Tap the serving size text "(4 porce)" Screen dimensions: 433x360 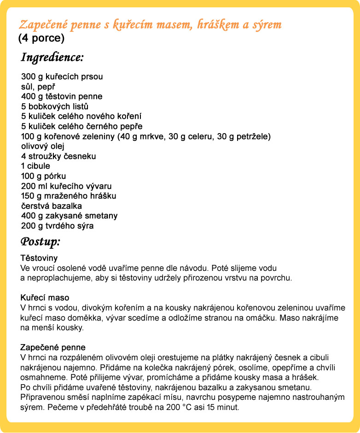coord(41,38)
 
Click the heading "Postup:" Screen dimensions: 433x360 coord(41,241)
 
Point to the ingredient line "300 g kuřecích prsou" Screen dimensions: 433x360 coord(62,77)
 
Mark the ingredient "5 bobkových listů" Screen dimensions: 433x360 coord(55,107)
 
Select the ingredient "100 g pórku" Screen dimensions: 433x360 coord(44,176)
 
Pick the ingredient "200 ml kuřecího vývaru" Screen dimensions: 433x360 coord(66,186)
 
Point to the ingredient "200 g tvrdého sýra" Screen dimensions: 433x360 coord(58,226)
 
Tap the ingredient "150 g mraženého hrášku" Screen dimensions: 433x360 coord(69,196)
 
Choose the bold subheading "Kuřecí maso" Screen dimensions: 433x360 coord(45,298)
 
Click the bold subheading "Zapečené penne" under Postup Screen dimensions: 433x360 coord(53,347)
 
